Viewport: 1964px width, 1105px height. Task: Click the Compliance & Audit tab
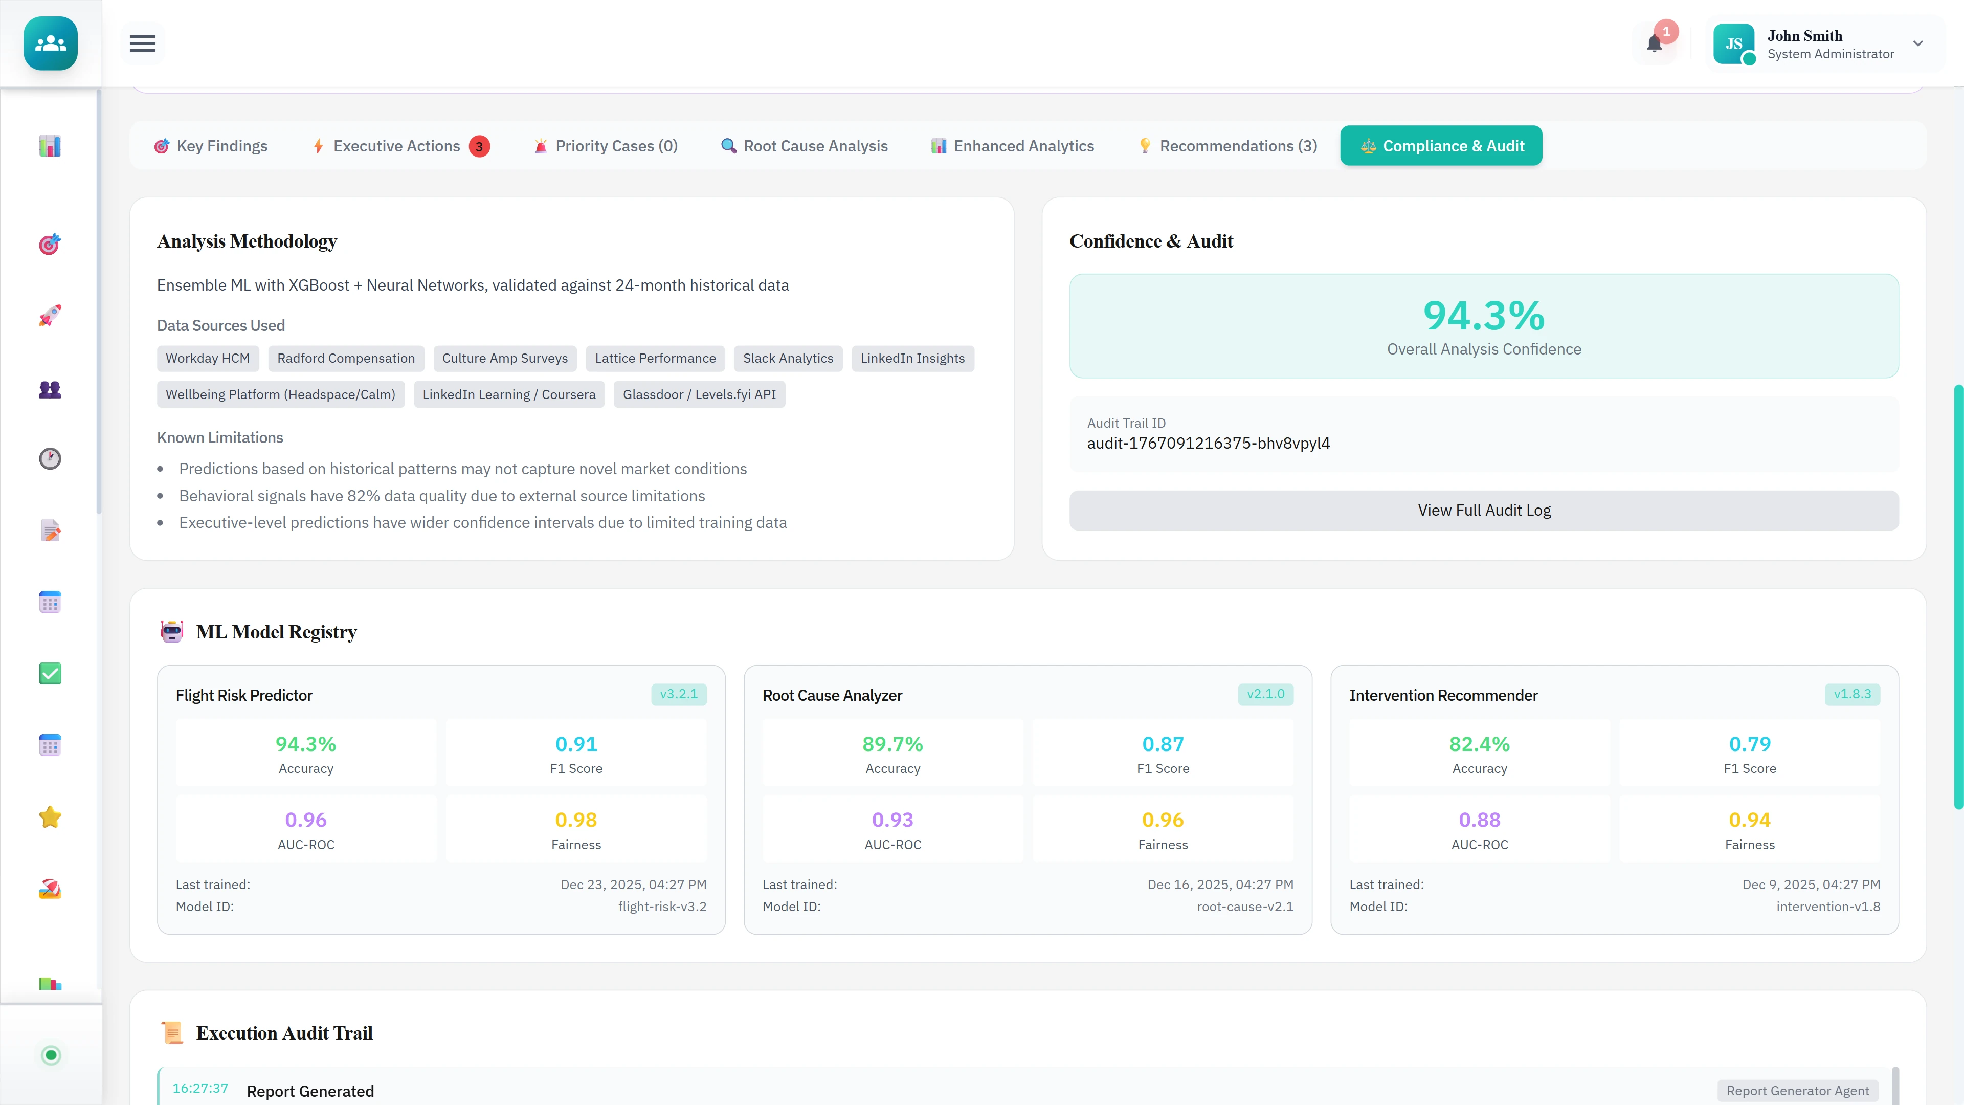pos(1440,146)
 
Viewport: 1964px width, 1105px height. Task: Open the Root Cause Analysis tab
pos(805,146)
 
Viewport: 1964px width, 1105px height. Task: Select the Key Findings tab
pos(211,146)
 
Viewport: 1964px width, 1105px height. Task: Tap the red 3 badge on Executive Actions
pos(479,146)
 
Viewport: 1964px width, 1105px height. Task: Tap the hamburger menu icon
pos(143,43)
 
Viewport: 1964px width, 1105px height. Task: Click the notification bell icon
pos(1654,44)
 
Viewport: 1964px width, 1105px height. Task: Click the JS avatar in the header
pos(1733,44)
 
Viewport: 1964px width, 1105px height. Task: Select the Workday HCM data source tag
pos(207,359)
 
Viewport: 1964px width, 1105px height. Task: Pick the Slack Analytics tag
pos(788,359)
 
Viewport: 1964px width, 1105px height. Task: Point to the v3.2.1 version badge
pos(678,694)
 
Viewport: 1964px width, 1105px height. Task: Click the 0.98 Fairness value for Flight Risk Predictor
pos(575,820)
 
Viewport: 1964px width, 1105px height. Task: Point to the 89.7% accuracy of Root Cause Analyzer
pos(892,744)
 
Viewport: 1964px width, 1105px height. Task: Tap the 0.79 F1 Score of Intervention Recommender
pos(1749,744)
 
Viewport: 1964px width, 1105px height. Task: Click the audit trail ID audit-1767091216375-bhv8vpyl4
pos(1208,443)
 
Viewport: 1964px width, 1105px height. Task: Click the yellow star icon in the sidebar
pos(50,817)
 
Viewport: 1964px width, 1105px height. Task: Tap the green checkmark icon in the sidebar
pos(50,673)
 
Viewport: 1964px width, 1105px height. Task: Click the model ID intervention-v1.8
pos(1827,907)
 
